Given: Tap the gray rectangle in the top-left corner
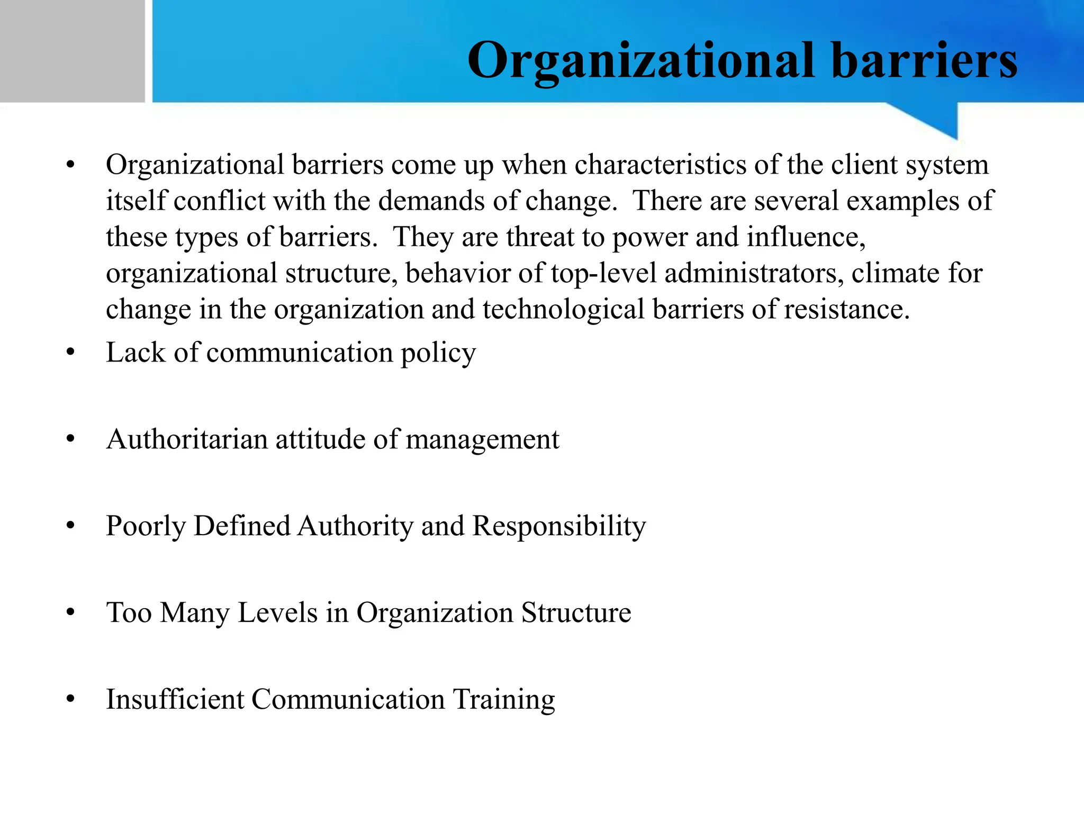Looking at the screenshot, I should pyautogui.click(x=72, y=51).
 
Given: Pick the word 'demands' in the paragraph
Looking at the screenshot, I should pyautogui.click(x=431, y=201).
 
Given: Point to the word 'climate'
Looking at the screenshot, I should pyautogui.click(x=896, y=273).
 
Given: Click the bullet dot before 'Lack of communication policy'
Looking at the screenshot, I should pyautogui.click(x=71, y=353).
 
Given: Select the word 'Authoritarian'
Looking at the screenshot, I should pyautogui.click(x=186, y=439).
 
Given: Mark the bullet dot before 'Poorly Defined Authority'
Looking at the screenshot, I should pyautogui.click(x=71, y=526).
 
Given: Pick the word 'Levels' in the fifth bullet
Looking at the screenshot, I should pyautogui.click(x=277, y=612).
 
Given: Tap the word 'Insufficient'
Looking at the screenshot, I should pyautogui.click(x=175, y=699).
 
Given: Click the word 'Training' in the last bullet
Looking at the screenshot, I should pyautogui.click(x=504, y=700).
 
